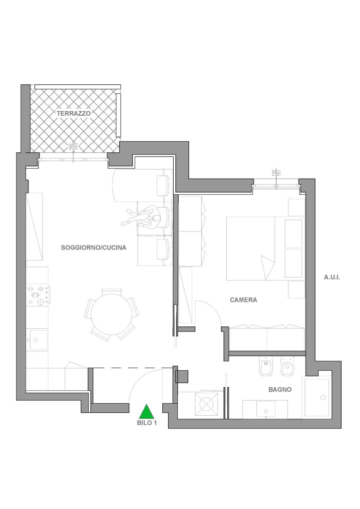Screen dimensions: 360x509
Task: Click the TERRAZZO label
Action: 74,113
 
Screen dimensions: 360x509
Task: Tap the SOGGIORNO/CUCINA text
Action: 93,248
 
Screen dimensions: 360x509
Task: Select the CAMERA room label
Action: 243,300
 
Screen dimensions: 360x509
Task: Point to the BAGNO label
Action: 280,390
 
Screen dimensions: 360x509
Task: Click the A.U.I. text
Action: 332,277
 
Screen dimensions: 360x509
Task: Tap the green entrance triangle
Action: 146,411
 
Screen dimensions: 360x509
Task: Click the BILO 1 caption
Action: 147,423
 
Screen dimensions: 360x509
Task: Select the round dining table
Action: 111,314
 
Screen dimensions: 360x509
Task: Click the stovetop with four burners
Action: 38,295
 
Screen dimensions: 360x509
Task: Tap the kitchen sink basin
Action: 38,339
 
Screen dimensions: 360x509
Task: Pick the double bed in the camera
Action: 266,249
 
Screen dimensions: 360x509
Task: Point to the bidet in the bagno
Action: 266,367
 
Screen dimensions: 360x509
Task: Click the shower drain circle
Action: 323,397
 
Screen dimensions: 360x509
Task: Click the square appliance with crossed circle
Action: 207,404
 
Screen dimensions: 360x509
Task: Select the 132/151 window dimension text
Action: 276,172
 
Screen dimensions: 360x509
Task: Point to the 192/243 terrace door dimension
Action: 73,147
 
